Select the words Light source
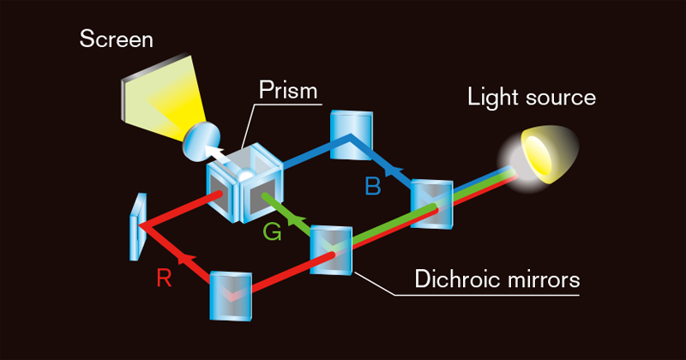point(532,97)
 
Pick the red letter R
point(164,276)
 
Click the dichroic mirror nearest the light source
point(431,204)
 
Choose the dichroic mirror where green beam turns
point(331,249)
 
